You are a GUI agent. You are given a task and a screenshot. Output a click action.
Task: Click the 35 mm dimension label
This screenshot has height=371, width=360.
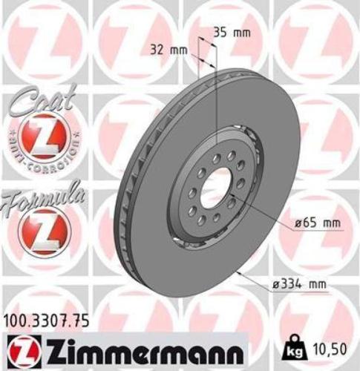(x=231, y=33)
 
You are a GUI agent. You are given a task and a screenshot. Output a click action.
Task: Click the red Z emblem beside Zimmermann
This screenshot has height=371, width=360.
(x=24, y=347)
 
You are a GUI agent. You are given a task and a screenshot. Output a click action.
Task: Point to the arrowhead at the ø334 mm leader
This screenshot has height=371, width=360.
(x=236, y=273)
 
